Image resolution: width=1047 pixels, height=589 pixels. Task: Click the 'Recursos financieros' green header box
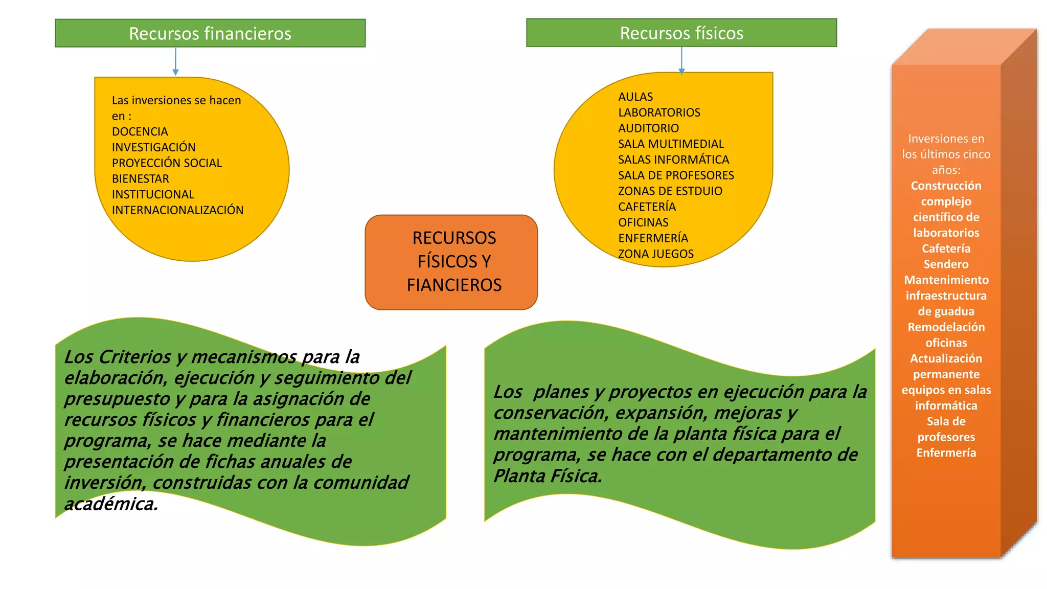coord(210,33)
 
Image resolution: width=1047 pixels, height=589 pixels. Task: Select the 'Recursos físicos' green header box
coord(681,33)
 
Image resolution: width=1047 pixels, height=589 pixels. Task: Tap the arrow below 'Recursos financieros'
coord(175,62)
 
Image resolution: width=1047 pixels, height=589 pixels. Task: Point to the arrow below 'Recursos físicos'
coord(681,60)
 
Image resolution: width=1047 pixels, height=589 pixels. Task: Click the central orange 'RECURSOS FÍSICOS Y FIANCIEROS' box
coord(451,262)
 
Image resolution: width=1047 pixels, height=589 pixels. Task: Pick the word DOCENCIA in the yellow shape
coord(140,131)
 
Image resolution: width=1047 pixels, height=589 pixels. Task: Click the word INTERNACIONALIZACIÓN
coord(177,210)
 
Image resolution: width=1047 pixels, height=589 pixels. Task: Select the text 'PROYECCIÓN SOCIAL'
coord(167,163)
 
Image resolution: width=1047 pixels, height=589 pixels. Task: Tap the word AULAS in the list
coord(635,97)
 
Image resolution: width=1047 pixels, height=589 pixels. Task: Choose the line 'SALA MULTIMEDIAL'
coord(671,144)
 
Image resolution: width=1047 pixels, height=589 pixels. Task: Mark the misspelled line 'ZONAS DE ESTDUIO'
coord(670,191)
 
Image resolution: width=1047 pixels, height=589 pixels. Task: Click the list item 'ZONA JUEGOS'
coord(656,254)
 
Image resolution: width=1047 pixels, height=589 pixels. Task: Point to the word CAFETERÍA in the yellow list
coord(647,207)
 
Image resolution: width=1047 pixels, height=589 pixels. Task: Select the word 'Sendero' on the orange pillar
coord(946,264)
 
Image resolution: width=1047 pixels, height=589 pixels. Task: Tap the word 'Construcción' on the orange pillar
coord(946,186)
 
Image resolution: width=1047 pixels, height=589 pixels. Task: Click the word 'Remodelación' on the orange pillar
coord(946,327)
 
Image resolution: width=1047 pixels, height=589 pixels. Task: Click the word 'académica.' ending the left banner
coord(111,504)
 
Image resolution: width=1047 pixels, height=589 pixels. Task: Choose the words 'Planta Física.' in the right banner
coord(548,476)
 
